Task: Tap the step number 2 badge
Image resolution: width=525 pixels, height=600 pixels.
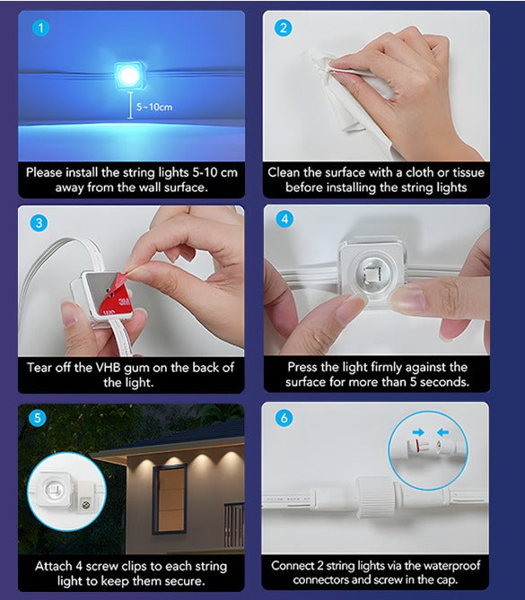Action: tap(284, 27)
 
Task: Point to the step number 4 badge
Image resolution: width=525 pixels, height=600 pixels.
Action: tap(284, 220)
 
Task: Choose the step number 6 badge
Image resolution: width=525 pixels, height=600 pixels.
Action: tap(284, 417)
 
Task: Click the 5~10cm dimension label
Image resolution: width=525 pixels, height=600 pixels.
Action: tap(154, 108)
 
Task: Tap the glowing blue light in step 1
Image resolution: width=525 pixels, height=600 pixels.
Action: tap(129, 73)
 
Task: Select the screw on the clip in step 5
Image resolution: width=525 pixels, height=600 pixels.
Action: tap(87, 504)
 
